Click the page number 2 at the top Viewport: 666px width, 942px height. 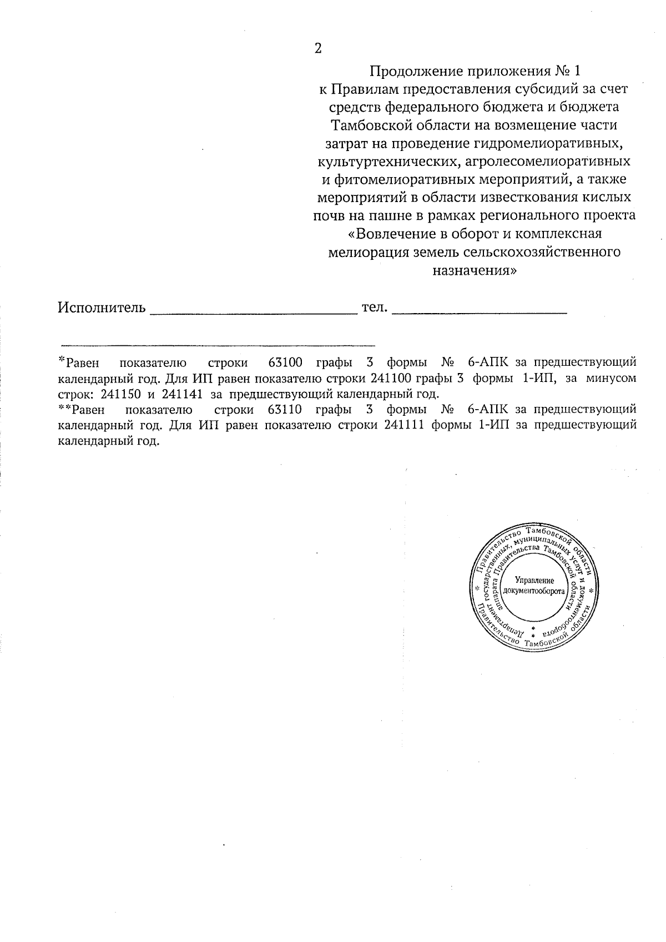click(x=317, y=49)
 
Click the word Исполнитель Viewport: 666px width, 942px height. click(x=102, y=308)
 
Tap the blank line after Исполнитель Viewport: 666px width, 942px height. click(x=254, y=311)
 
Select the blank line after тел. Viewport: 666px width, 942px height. click(x=479, y=311)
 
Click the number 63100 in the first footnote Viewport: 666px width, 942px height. click(x=285, y=363)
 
